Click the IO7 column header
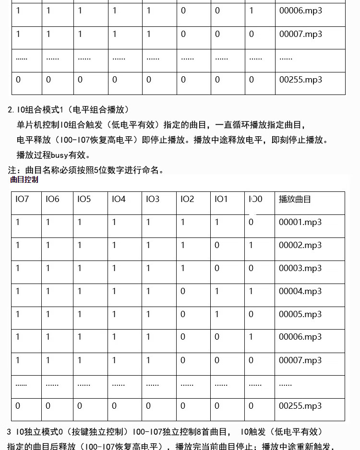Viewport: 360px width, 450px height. point(22,199)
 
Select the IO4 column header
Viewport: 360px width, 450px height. point(119,199)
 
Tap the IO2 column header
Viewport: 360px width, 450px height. point(187,199)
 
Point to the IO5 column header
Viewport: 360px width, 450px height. point(84,199)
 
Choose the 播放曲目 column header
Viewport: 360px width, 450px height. point(295,199)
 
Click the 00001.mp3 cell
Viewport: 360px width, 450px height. point(300,222)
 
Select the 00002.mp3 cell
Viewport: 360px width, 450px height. point(300,245)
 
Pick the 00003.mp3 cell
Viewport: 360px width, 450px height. point(300,268)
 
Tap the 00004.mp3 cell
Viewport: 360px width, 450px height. point(300,291)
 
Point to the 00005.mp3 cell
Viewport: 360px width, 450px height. point(300,314)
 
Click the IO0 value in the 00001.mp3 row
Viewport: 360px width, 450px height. point(251,222)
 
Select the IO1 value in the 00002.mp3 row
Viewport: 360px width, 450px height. point(217,245)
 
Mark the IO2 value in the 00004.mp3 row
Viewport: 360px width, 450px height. point(183,291)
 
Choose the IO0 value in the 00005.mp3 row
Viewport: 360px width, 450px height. point(251,314)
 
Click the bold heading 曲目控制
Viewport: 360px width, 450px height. point(24,180)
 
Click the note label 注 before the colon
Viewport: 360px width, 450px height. point(12,170)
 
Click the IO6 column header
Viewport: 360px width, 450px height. point(52,199)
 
